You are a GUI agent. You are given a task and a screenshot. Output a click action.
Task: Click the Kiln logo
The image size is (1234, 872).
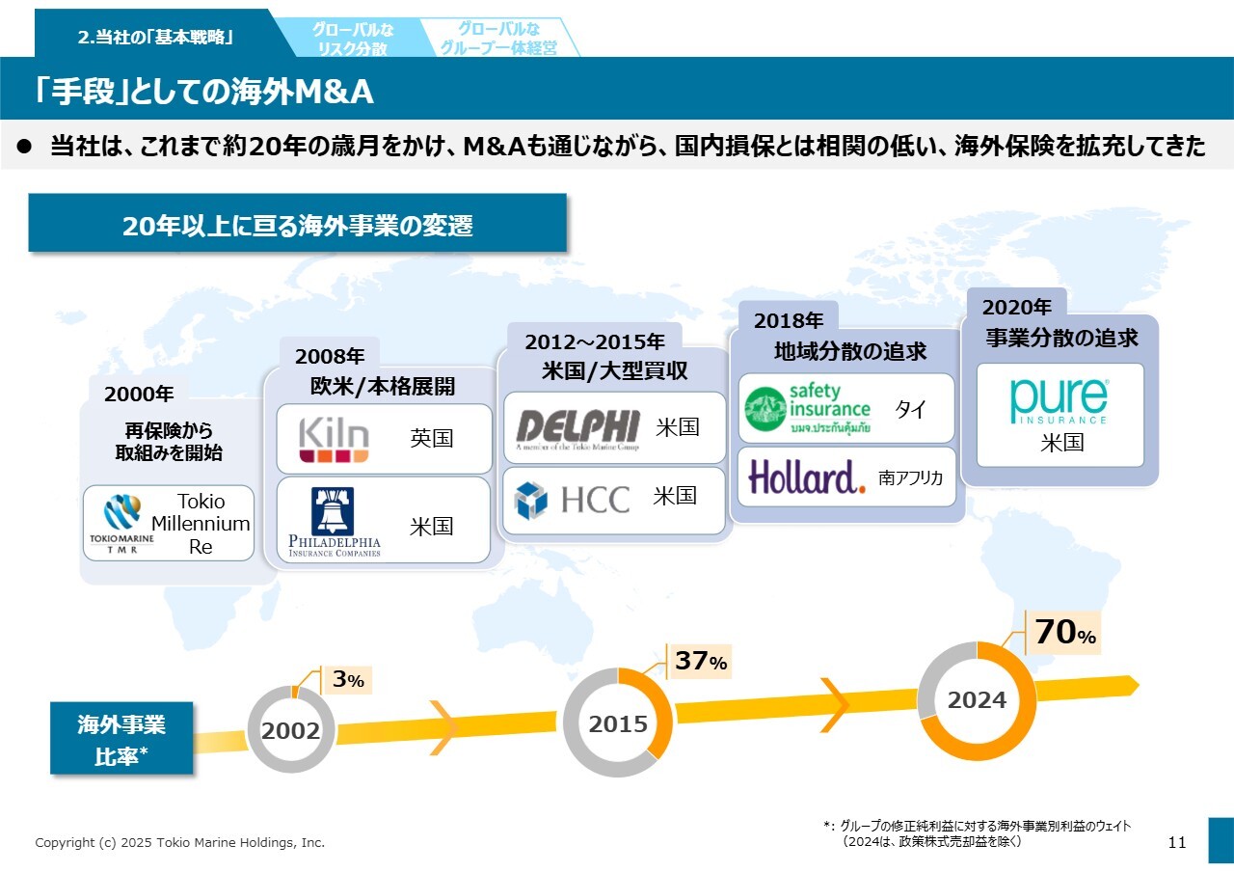(x=333, y=438)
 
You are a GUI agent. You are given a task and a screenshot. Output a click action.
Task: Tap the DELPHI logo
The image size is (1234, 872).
(x=577, y=427)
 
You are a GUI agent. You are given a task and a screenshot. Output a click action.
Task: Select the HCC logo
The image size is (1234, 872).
(x=572, y=500)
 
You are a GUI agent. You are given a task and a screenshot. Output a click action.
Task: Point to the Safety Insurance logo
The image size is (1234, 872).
(x=808, y=407)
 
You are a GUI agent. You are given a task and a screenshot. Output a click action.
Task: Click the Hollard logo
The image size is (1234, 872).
(x=807, y=477)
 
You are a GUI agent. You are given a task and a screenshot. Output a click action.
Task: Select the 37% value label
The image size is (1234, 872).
(x=700, y=661)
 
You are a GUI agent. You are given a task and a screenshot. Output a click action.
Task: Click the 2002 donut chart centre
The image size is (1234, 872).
(x=291, y=731)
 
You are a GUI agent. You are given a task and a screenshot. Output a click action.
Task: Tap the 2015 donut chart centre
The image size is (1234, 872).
(x=618, y=723)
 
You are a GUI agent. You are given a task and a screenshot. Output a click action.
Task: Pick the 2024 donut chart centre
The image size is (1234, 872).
(x=977, y=700)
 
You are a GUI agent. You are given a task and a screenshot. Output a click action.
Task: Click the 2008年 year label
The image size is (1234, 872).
(x=330, y=356)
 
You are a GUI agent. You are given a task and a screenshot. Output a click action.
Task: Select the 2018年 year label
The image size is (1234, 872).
(x=789, y=320)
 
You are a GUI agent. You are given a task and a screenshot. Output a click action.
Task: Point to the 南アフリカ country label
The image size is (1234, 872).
(x=910, y=477)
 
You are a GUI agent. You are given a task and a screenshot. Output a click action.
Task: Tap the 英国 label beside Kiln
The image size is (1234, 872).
(x=431, y=438)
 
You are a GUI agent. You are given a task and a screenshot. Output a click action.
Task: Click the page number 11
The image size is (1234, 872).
(x=1176, y=842)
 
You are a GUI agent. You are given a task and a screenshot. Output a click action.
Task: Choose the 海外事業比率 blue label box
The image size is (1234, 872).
(x=121, y=740)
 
